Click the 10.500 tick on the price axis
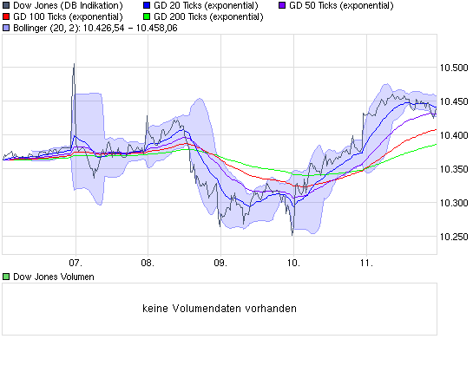(x=453, y=68)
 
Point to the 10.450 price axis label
(x=453, y=101)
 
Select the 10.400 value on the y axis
(x=453, y=135)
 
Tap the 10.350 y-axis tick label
(x=453, y=169)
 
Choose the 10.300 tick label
(x=453, y=203)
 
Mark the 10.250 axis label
(x=453, y=237)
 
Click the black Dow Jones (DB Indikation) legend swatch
(x=7, y=6)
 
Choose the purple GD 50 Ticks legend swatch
(x=281, y=6)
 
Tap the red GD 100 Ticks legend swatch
(x=7, y=17)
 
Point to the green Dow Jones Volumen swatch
(x=7, y=277)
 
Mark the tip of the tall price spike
(x=74, y=63)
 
